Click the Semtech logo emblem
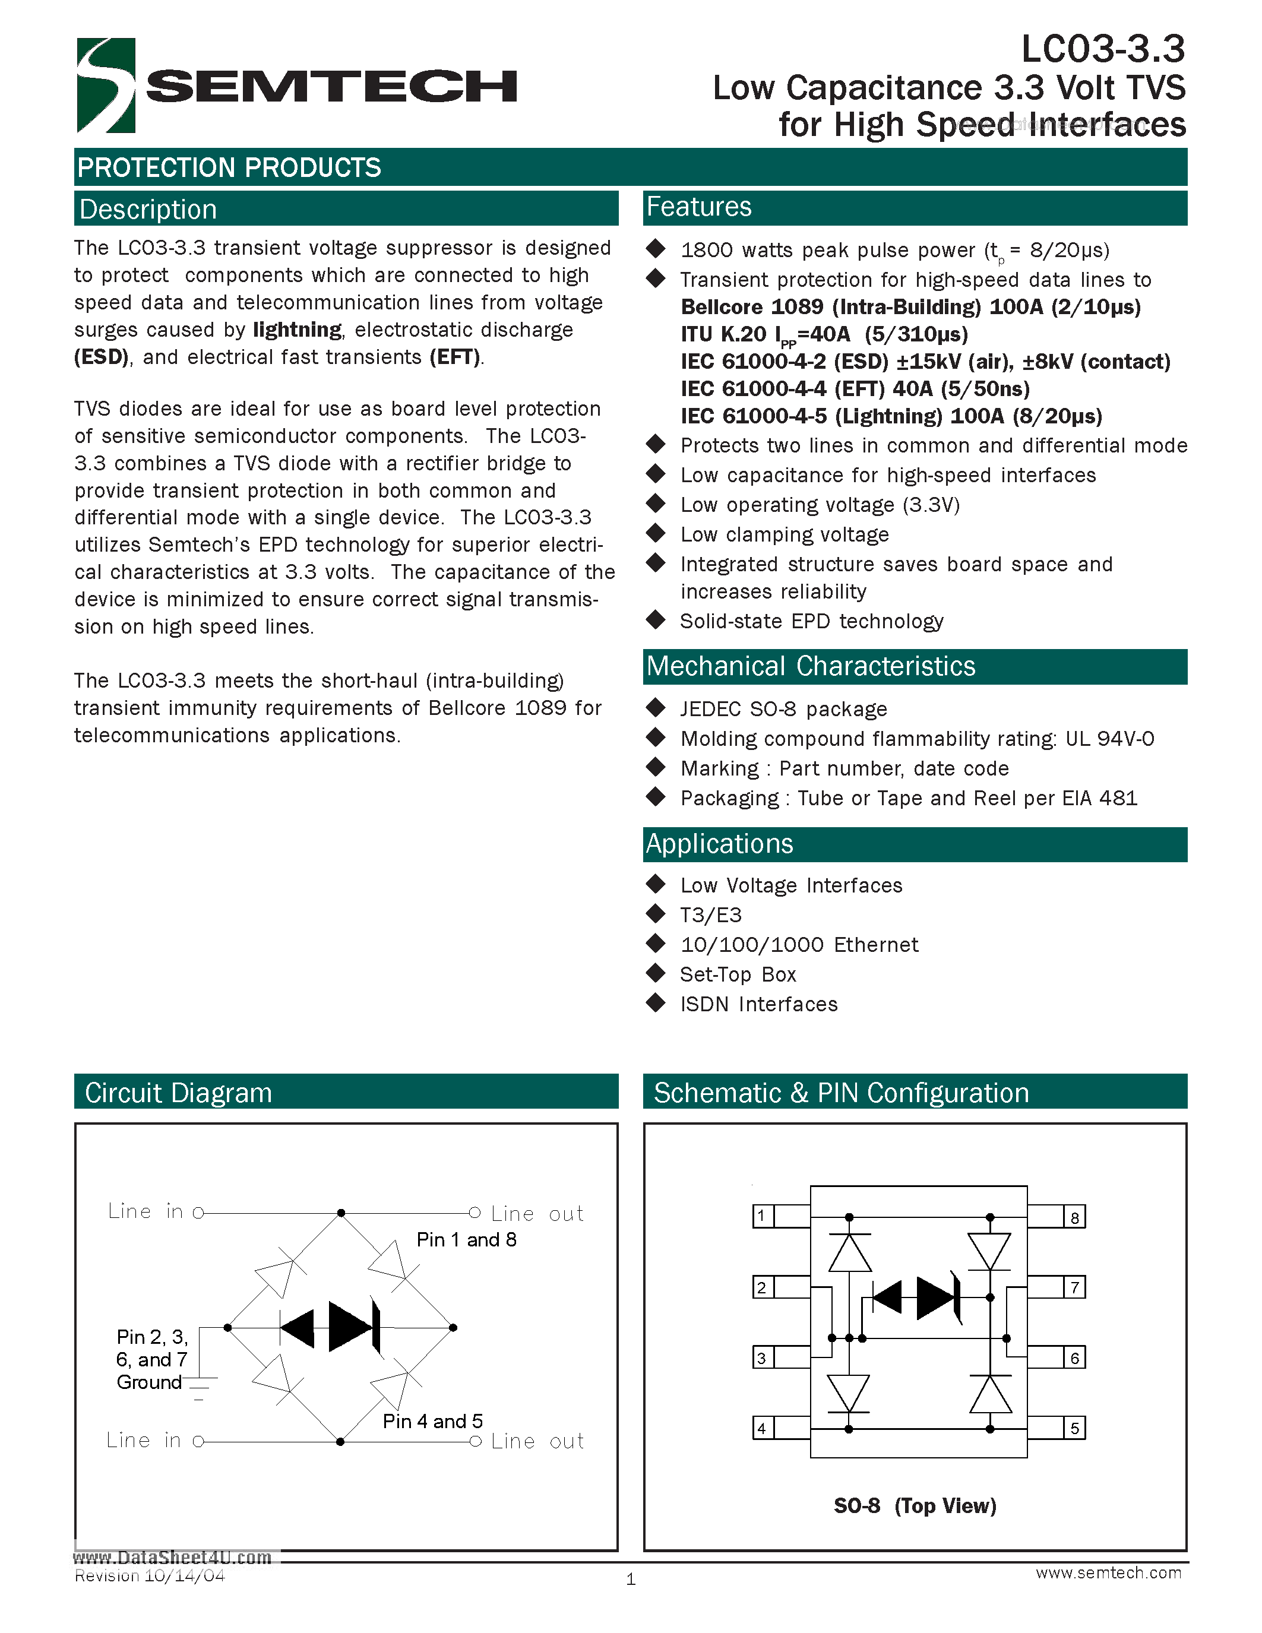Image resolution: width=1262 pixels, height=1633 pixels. pos(106,86)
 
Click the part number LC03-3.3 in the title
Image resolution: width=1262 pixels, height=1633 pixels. pos(1103,50)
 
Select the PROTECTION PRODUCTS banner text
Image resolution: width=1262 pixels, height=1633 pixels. pos(229,167)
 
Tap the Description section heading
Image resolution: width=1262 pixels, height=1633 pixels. pos(148,210)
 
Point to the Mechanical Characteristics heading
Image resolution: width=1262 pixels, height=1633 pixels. pos(811,666)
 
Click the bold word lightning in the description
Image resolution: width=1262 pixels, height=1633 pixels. pos(297,330)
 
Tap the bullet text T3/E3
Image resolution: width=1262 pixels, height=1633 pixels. pos(710,915)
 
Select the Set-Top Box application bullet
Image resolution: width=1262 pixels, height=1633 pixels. pos(738,975)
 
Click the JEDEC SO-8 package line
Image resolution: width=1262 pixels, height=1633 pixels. pos(783,709)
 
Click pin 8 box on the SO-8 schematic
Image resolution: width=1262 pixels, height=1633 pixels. pos(1074,1217)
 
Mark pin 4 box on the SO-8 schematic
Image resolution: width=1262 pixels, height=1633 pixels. pos(762,1429)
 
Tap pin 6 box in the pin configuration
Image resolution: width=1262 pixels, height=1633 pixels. pos(1074,1358)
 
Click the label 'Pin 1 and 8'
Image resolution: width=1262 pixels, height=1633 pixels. pos(467,1240)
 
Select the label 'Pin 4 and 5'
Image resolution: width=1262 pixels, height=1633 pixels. pos(433,1422)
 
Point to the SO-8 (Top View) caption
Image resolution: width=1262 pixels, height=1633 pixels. pos(915,1506)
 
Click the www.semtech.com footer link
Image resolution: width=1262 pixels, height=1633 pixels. pos(1108,1572)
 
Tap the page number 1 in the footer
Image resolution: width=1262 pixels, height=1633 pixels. pos(631,1579)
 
